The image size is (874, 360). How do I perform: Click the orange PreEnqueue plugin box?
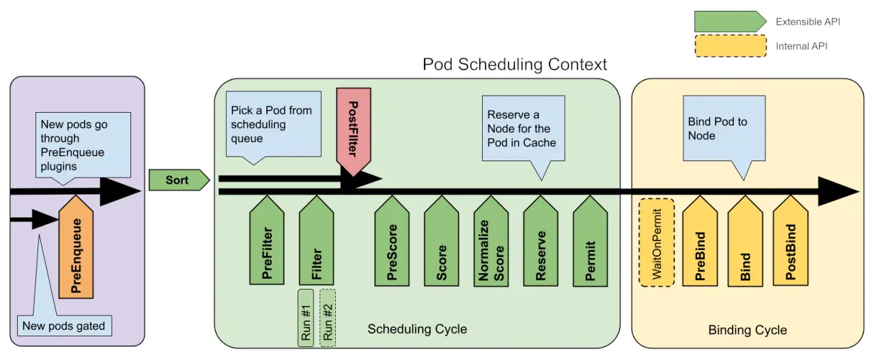(76, 250)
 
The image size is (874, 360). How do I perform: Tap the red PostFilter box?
(353, 129)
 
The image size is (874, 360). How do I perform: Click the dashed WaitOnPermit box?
(656, 242)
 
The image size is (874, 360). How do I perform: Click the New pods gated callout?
(64, 326)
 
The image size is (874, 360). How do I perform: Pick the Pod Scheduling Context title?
(514, 65)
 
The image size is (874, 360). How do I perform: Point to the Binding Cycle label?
(748, 330)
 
